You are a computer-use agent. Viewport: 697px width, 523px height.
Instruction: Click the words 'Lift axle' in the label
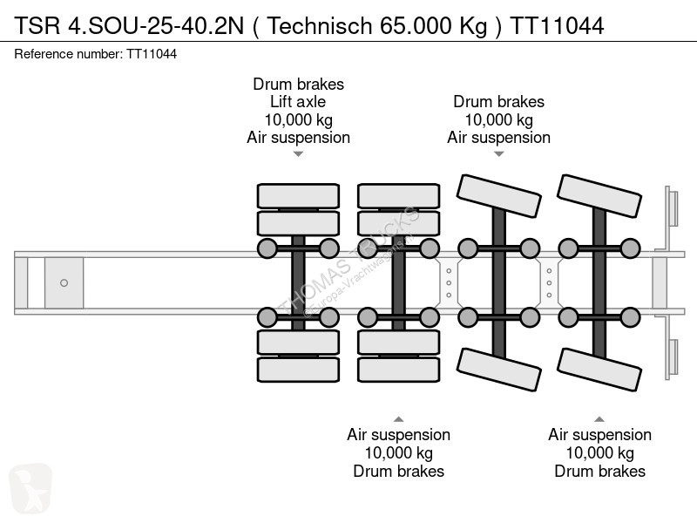tap(298, 102)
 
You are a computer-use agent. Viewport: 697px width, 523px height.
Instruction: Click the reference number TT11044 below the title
tap(152, 54)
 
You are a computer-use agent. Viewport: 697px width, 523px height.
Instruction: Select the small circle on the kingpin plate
tap(64, 282)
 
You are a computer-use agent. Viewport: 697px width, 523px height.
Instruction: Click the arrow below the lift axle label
tap(298, 154)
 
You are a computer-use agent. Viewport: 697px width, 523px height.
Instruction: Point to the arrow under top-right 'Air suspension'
tap(498, 154)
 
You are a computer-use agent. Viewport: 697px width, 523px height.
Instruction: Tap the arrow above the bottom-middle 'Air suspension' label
tap(398, 418)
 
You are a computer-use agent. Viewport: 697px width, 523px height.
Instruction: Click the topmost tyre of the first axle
tap(298, 195)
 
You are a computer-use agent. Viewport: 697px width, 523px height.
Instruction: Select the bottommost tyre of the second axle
tap(398, 369)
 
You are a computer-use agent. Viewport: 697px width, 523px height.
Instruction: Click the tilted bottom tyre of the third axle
tap(497, 370)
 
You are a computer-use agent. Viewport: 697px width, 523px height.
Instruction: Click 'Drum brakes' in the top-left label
tap(298, 85)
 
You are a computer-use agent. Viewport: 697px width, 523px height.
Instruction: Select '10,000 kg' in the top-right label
tap(498, 119)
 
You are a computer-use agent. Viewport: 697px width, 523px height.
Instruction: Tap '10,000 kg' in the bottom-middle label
tap(398, 453)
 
